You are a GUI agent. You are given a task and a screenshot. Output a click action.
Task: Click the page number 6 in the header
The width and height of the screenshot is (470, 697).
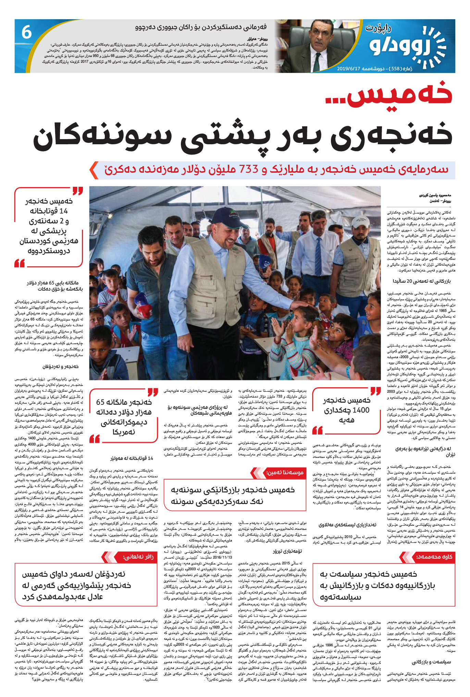(27, 33)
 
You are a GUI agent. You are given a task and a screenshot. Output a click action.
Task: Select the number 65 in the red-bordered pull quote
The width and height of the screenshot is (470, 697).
(100, 402)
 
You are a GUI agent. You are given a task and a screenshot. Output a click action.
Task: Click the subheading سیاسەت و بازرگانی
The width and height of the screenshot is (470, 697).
(431, 662)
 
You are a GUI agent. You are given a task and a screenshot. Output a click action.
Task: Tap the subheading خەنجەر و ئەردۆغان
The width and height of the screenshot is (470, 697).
(60, 367)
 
